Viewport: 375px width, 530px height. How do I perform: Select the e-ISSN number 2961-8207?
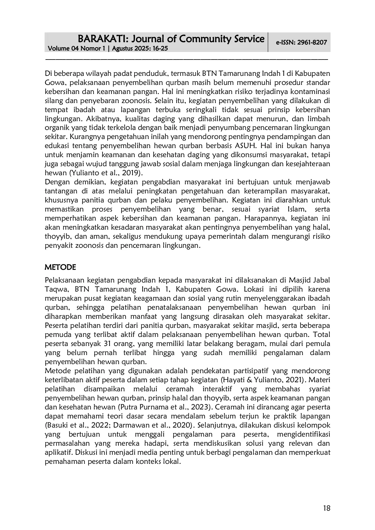point(312,42)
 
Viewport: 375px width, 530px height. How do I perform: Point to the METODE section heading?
point(60,267)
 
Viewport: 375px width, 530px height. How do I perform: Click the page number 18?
point(326,508)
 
